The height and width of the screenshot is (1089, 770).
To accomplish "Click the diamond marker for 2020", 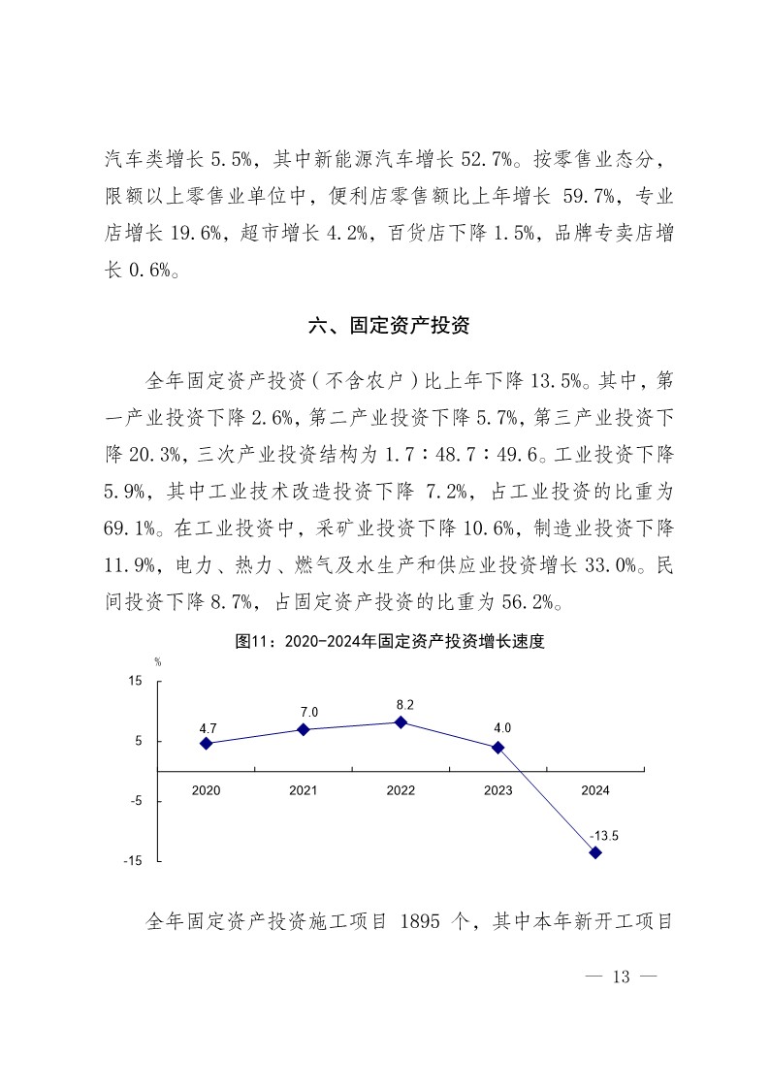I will [x=207, y=743].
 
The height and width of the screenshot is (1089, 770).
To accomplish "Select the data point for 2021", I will [x=304, y=729].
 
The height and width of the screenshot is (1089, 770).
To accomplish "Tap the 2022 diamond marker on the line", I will [x=401, y=721].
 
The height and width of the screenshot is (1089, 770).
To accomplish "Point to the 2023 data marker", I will [x=498, y=747].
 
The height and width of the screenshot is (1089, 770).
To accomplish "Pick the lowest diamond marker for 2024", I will [x=595, y=852].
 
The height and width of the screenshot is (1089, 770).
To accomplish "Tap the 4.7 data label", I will [x=208, y=726].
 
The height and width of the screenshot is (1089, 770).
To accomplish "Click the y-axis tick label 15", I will [x=135, y=682].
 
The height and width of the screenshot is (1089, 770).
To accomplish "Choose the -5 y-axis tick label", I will [x=136, y=802].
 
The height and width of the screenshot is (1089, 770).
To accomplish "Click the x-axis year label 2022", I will [x=401, y=790].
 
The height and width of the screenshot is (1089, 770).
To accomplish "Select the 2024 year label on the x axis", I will [x=595, y=790].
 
